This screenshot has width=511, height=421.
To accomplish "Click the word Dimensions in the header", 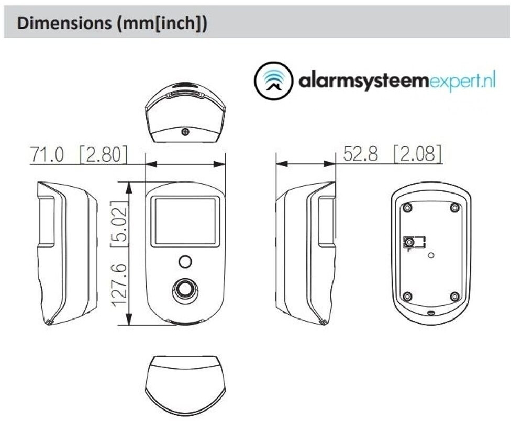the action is point(64,24).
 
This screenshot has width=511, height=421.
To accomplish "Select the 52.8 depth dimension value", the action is point(360,154).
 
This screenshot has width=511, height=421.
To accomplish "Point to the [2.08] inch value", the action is point(418,154).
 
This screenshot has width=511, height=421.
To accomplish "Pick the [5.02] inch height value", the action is point(119,224).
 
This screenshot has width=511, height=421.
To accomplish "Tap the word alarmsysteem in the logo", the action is point(363,80).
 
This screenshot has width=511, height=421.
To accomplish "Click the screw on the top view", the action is point(185,132).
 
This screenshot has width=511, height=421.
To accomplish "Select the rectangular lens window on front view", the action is point(185,221).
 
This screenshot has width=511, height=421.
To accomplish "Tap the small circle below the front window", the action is point(185,261).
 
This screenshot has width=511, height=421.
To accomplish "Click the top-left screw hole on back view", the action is point(407,208).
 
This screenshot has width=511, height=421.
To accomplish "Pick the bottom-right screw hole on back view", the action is point(454,297).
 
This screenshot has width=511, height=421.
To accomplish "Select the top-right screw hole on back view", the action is point(454,208).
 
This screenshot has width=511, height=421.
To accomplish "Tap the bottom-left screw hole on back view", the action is point(407,297).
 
